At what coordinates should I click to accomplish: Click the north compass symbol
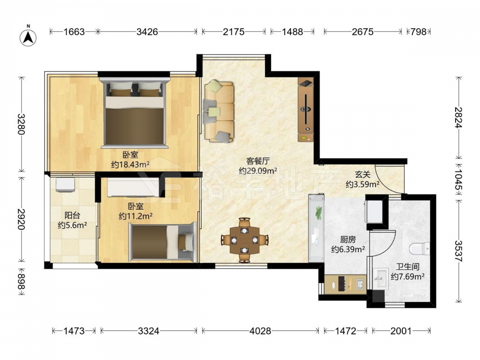coord(28,38)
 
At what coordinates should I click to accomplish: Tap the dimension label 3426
coord(147,32)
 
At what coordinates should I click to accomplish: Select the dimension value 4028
coord(260,331)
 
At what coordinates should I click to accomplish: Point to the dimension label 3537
coord(458,251)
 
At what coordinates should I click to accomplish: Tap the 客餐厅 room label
coord(258,161)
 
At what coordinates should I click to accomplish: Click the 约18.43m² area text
coord(131,165)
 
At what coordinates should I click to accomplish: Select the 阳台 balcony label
coord(72,215)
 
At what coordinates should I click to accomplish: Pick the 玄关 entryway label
coord(363,175)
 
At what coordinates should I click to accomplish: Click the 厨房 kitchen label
coord(348,240)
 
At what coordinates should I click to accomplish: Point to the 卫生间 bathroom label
coord(408,266)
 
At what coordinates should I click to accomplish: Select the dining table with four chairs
coord(244,240)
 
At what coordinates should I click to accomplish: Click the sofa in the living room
coord(218,111)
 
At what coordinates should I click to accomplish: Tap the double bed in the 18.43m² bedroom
coord(135,113)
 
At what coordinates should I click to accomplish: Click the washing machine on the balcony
coord(65,185)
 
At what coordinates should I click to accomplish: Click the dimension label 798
coord(419,32)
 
